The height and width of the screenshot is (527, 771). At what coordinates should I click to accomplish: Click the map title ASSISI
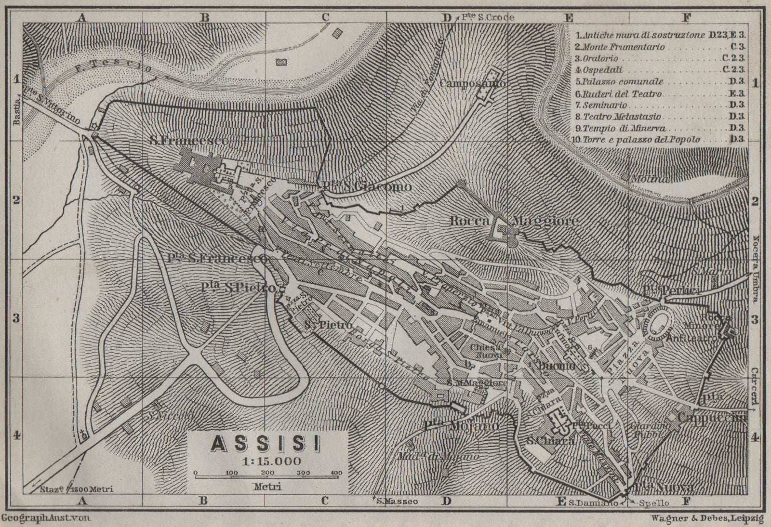[266, 444]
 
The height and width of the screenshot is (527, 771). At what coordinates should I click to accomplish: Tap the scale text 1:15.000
[266, 461]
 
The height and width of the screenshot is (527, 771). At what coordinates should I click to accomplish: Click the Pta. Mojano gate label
[461, 426]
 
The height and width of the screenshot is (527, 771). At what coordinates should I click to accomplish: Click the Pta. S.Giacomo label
[366, 187]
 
